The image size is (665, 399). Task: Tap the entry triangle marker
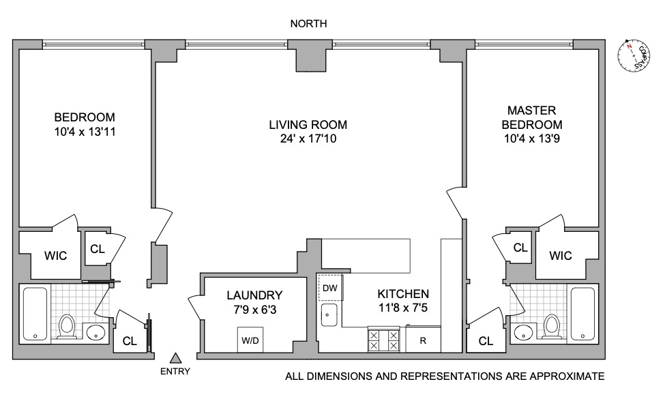click(x=175, y=357)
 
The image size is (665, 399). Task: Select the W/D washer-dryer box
click(x=250, y=340)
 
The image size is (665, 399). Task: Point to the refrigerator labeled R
click(x=423, y=340)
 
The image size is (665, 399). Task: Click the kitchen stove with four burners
click(x=384, y=339)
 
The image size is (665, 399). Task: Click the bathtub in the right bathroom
click(x=584, y=313)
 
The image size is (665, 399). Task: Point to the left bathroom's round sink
click(x=95, y=333)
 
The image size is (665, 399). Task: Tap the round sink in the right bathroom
click(x=523, y=333)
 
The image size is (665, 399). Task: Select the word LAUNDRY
click(x=254, y=295)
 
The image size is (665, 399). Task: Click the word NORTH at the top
click(x=308, y=24)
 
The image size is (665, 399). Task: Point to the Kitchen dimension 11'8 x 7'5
click(x=403, y=308)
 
